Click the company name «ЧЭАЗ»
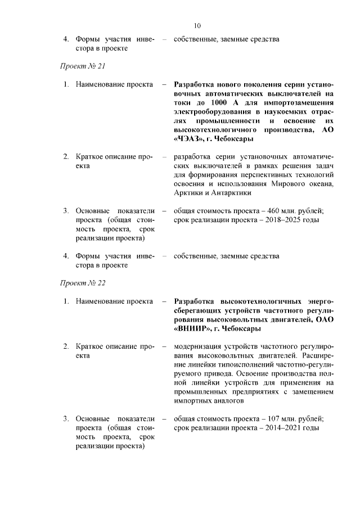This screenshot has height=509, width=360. point(190,139)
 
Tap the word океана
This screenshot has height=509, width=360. point(321,183)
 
